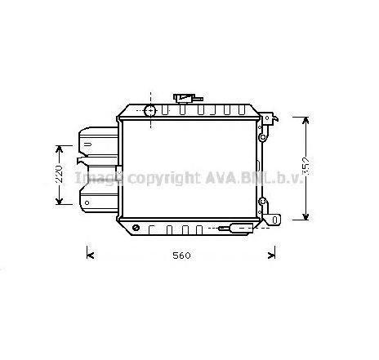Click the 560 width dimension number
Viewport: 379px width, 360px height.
[x=181, y=256]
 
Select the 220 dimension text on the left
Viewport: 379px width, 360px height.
[x=59, y=174]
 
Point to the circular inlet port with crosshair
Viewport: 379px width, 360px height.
[x=150, y=110]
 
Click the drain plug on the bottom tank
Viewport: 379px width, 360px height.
[x=236, y=228]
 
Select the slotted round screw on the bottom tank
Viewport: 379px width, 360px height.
[x=136, y=228]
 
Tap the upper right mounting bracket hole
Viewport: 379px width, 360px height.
[x=267, y=118]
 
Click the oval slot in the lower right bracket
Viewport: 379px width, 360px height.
[x=274, y=220]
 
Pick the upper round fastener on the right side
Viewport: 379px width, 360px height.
[x=262, y=137]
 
